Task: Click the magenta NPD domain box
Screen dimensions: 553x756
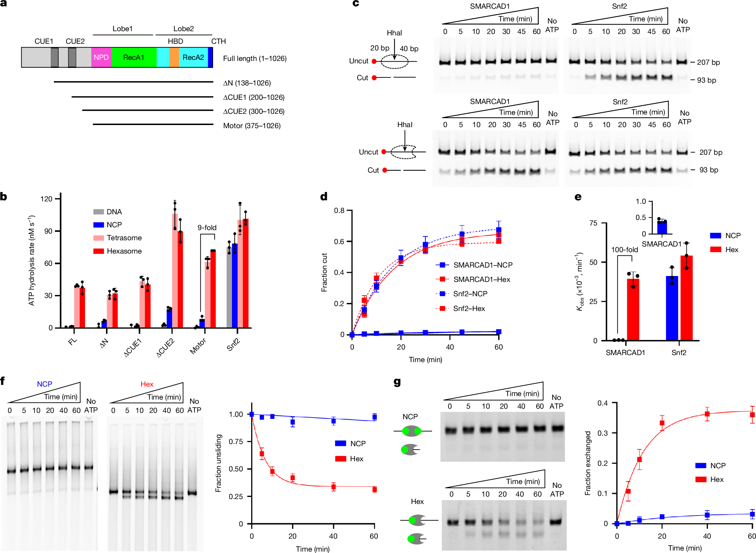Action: (101, 57)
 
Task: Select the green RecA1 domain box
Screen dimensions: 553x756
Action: (134, 57)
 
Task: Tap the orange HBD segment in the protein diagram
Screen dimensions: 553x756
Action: (174, 57)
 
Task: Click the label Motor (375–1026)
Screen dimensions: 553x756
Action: (252, 126)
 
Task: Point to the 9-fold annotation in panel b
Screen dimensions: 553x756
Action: (207, 228)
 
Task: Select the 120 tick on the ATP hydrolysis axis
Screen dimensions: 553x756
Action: (47, 199)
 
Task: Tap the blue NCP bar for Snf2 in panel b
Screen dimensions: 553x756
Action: (235, 285)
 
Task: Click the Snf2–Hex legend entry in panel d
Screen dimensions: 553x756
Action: (468, 309)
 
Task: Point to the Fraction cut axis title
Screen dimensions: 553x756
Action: (324, 272)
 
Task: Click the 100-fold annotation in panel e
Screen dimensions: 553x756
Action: (624, 250)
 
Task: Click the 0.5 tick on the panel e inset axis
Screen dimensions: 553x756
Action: (641, 217)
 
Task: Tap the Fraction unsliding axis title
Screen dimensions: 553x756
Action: (219, 463)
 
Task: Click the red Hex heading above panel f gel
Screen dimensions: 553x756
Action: (147, 384)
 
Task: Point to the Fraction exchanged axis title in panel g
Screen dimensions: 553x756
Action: (588, 463)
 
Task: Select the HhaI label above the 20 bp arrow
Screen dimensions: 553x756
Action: (394, 33)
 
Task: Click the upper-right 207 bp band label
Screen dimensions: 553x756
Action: (708, 62)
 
